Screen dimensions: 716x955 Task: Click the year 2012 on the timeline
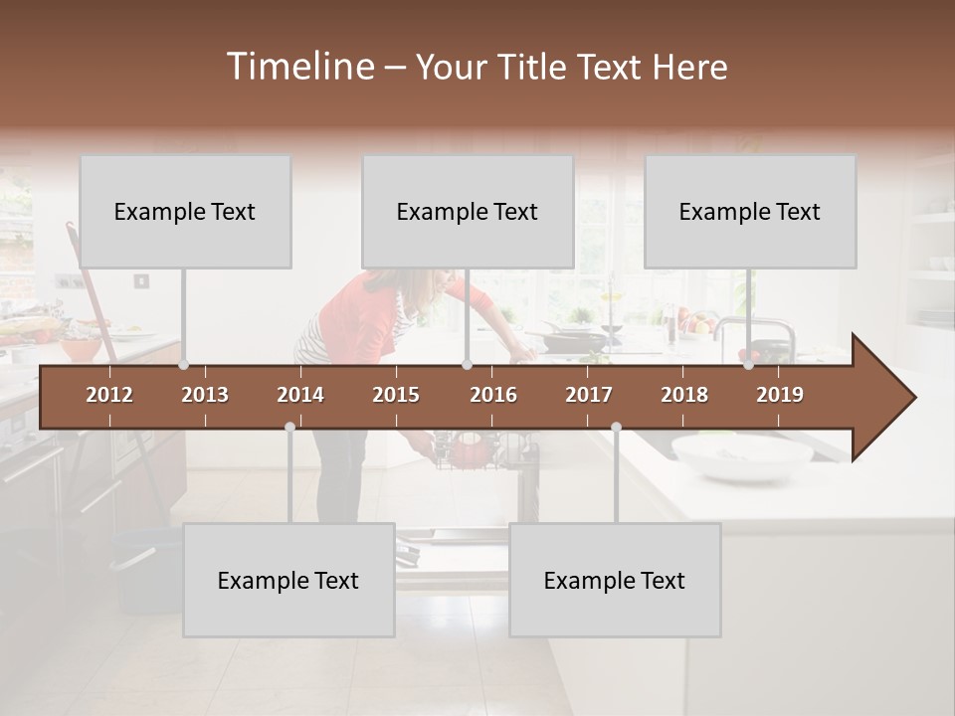[x=109, y=395]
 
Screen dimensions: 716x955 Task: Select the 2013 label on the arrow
[x=205, y=395]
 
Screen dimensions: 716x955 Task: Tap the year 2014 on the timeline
[x=300, y=395]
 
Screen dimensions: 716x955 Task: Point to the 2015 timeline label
[x=396, y=395]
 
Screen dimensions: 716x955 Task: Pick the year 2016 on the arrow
[x=493, y=395]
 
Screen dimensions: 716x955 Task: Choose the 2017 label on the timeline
[x=589, y=395]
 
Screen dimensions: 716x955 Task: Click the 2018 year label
[x=684, y=395]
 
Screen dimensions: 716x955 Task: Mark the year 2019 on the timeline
[x=780, y=395]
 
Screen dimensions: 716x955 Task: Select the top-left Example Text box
[x=185, y=212]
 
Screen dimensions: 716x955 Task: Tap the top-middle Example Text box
[x=468, y=212]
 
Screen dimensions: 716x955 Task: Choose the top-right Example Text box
[x=750, y=212]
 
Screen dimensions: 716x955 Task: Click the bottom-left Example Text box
[x=288, y=581]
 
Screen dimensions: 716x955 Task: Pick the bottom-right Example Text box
[x=615, y=581]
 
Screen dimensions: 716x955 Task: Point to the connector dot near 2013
[x=184, y=365]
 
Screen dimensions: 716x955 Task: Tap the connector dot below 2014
[x=289, y=428]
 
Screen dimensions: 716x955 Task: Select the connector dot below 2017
[x=616, y=428]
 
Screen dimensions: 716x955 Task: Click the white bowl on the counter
[x=742, y=454]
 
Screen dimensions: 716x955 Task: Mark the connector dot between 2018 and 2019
[x=749, y=365]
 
